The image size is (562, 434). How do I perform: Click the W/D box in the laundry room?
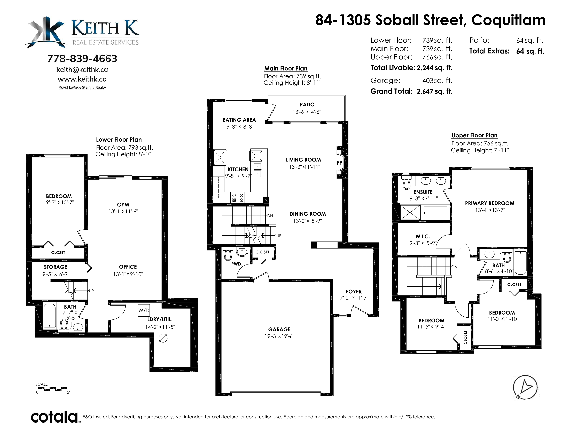click(144, 310)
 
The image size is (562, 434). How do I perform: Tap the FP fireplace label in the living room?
click(339, 163)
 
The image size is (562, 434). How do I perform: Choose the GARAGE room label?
click(279, 329)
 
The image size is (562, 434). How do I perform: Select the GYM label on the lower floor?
click(123, 205)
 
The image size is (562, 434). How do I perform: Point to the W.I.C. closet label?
click(423, 237)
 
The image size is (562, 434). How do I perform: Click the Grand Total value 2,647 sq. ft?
click(435, 91)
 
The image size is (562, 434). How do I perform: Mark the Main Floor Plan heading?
click(286, 69)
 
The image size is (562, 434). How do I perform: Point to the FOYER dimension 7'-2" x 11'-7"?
click(354, 298)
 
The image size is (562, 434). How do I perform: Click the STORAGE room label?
click(55, 267)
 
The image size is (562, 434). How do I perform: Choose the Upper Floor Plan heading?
click(474, 135)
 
